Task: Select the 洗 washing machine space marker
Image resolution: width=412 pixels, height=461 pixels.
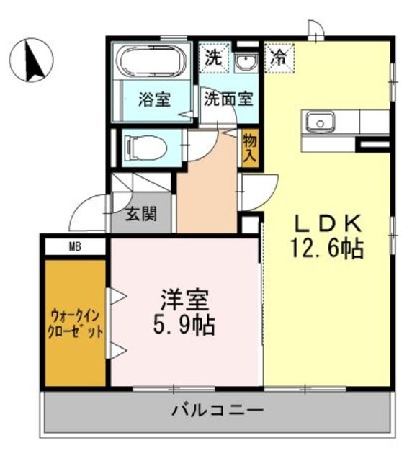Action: (x=214, y=57)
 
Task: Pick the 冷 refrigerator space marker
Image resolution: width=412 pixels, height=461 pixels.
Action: (x=277, y=58)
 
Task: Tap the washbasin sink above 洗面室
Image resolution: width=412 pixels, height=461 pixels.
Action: (x=246, y=62)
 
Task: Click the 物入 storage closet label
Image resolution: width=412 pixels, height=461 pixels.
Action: (x=250, y=146)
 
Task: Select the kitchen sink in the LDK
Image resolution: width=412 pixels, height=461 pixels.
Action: (x=318, y=122)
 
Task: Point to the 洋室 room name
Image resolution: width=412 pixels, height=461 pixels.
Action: (x=183, y=300)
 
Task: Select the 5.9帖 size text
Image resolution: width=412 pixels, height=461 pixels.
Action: (x=183, y=325)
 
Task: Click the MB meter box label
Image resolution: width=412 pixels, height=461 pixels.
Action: (x=74, y=247)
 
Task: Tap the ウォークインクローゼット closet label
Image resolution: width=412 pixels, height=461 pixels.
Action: (x=76, y=324)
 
